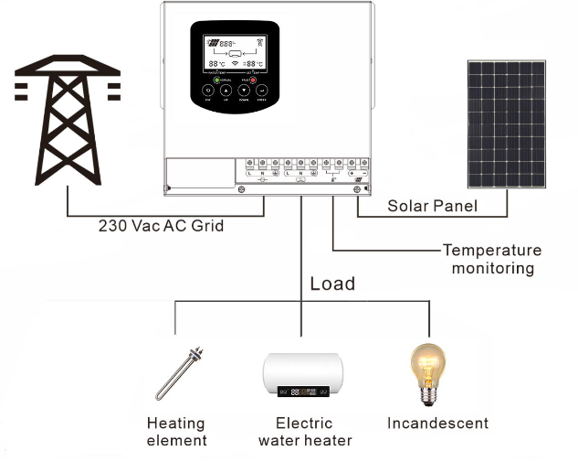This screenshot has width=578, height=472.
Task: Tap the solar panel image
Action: click(505, 125)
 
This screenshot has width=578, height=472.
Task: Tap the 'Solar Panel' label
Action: click(432, 206)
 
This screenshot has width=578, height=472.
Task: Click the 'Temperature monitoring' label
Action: click(491, 259)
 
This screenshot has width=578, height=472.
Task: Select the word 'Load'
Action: click(332, 284)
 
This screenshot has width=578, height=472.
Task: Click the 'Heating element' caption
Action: click(176, 432)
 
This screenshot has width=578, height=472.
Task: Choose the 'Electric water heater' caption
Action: click(305, 432)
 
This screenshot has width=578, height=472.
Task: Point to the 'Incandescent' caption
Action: click(437, 424)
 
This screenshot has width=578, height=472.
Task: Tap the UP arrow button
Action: click(226, 91)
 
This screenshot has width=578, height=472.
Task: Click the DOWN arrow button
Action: click(244, 91)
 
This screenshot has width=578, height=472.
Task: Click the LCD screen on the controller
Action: click(235, 53)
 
